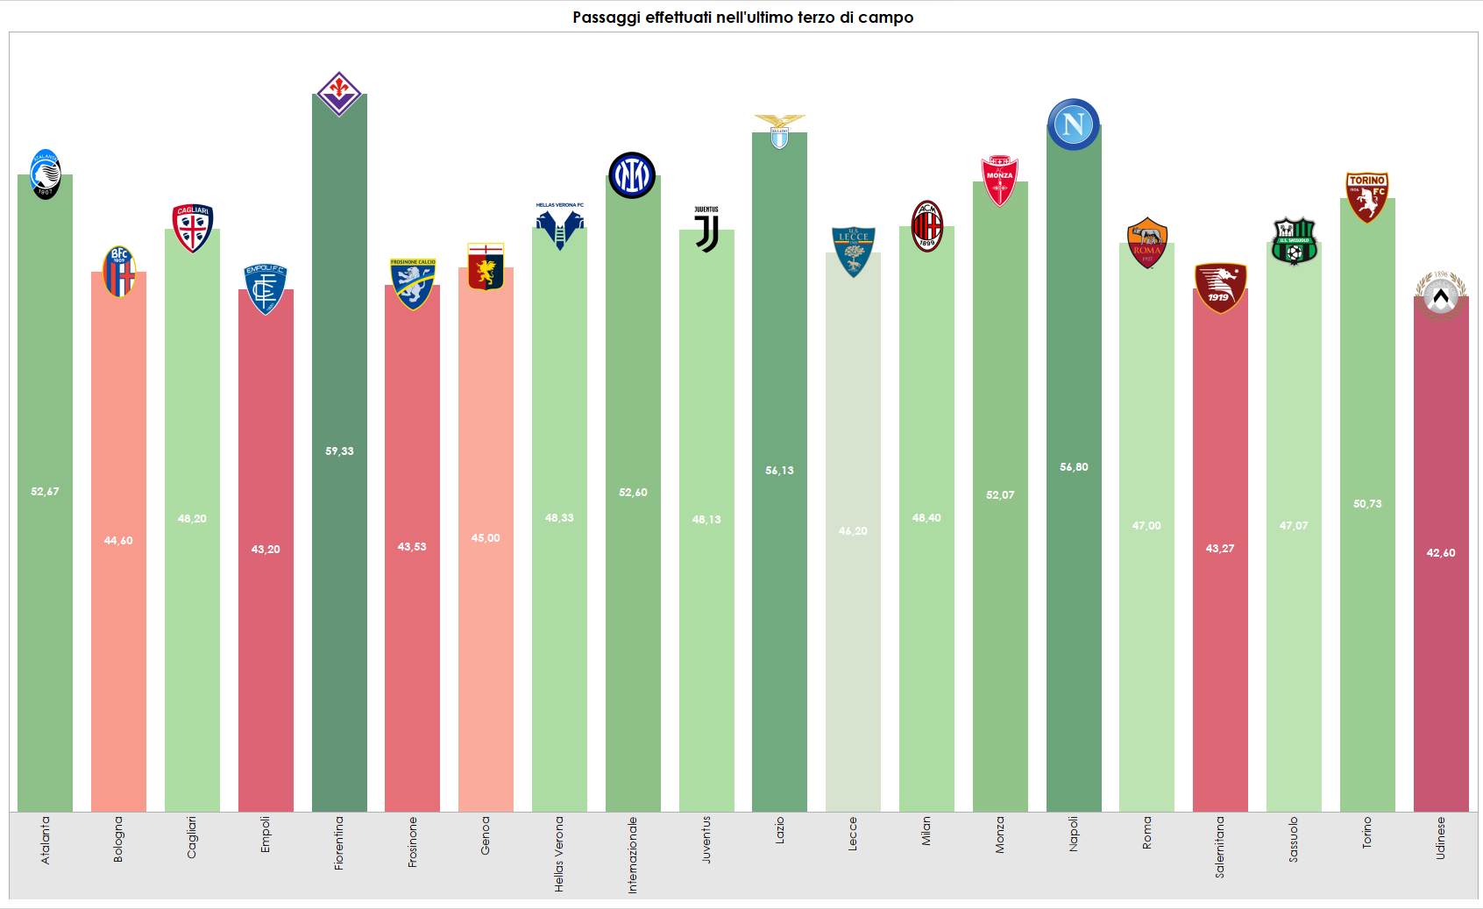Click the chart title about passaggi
coord(742,18)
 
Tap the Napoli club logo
coord(1073,124)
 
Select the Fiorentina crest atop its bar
coord(339,93)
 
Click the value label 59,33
coord(339,451)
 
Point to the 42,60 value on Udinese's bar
coord(1440,553)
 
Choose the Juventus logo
coord(706,231)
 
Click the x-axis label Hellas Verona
coord(559,854)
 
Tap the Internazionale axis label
coord(633,855)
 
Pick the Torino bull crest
coord(1366,196)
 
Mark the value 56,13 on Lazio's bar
coord(779,471)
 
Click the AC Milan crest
coord(926,226)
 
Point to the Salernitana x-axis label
coord(1219,847)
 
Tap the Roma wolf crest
coord(1146,243)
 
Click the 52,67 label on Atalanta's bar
coord(45,492)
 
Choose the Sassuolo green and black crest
coord(1294,242)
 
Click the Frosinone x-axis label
coord(412,842)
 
